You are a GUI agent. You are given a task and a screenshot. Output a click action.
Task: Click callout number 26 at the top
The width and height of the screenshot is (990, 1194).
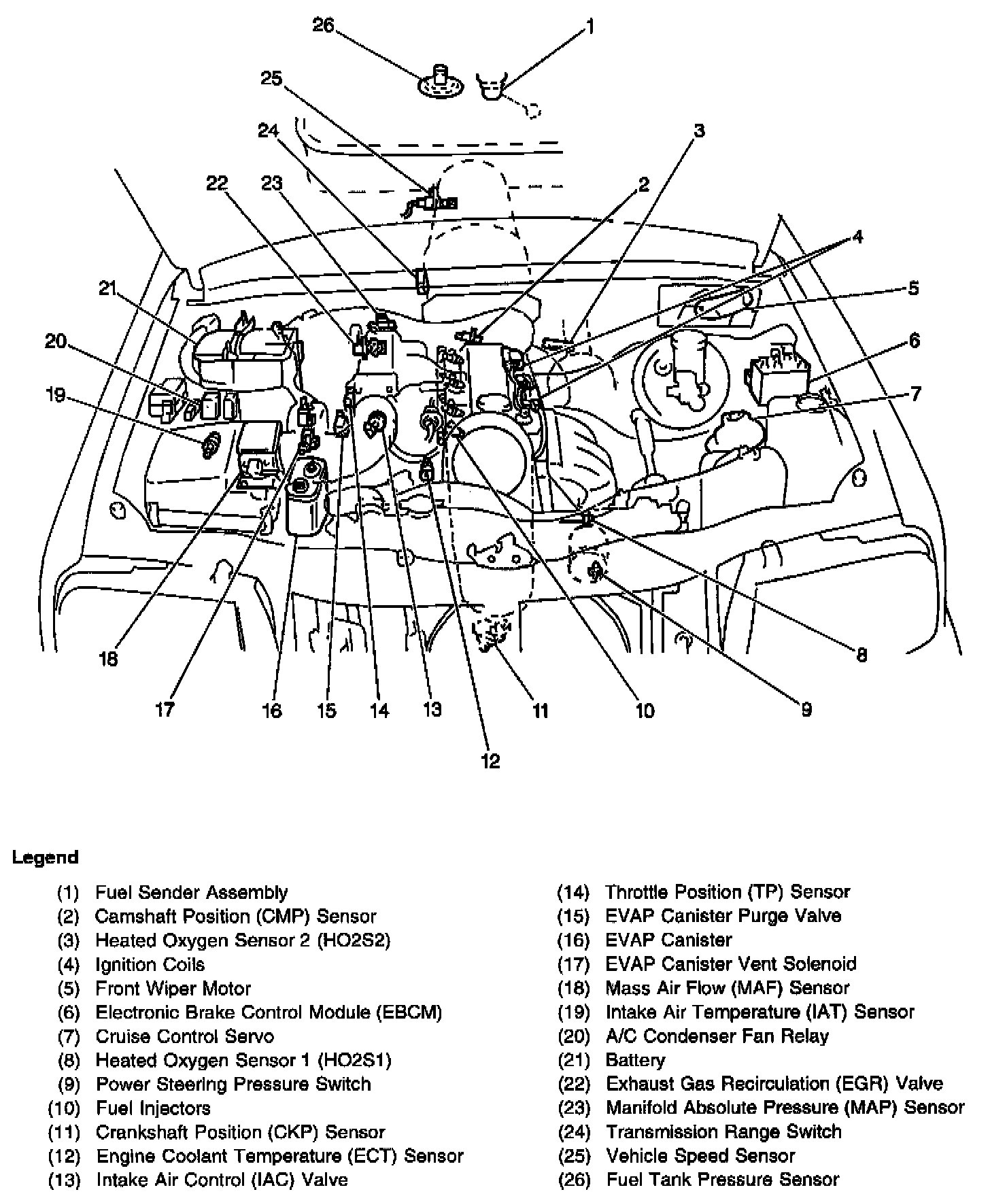pos(323,25)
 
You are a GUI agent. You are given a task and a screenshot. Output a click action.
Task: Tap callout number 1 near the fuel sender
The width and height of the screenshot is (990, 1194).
pos(590,27)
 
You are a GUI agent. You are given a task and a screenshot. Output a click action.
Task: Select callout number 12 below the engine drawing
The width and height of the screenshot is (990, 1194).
pos(490,761)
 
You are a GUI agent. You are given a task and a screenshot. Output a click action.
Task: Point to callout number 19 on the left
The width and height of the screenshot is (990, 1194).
pos(55,394)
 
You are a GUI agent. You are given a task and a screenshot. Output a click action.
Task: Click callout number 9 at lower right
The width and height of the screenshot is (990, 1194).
pos(806,710)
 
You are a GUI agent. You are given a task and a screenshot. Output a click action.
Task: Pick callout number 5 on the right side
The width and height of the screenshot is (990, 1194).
pos(913,288)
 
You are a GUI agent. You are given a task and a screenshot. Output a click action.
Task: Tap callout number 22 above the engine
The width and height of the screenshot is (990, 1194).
pos(218,184)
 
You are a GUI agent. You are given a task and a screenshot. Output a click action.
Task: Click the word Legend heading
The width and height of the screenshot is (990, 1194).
pos(45,857)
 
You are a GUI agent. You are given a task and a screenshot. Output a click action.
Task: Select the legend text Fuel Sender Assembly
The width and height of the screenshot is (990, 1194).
pos(191,892)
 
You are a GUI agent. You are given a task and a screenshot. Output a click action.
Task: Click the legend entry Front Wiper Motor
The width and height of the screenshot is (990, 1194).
pos(173,988)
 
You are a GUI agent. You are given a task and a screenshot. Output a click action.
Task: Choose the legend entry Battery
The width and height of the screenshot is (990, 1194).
pos(635,1060)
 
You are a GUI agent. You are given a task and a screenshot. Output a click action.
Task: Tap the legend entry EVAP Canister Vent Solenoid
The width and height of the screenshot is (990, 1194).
pos(730,963)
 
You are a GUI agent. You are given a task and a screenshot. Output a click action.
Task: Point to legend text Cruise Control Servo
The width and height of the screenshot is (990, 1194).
pos(184,1036)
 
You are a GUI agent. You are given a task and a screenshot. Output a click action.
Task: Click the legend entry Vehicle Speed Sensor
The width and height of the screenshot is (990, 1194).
pos(700,1156)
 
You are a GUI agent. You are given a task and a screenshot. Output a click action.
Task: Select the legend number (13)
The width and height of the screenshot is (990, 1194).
pos(64,1180)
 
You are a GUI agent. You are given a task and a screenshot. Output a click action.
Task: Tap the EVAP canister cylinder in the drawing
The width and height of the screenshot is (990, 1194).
pos(307,500)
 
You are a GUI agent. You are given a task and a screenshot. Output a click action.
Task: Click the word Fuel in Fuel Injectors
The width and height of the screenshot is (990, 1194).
pos(114,1108)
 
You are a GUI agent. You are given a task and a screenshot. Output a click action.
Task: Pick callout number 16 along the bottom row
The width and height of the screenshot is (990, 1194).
pos(271,711)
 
